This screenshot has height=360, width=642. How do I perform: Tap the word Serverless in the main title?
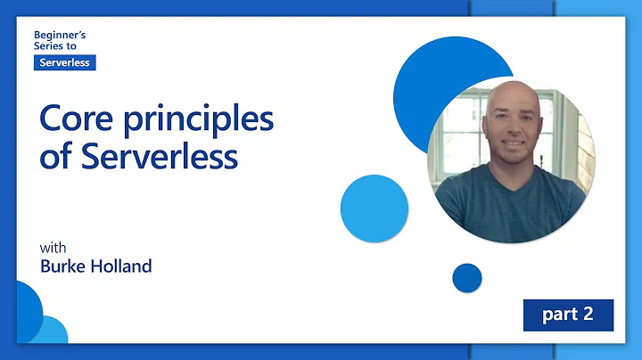[161, 157]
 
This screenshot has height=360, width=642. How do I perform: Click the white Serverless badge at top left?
[64, 62]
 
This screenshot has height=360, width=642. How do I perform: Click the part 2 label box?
[567, 315]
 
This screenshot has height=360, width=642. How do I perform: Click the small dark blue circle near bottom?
[466, 278]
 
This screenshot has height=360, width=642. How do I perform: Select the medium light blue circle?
[374, 208]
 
